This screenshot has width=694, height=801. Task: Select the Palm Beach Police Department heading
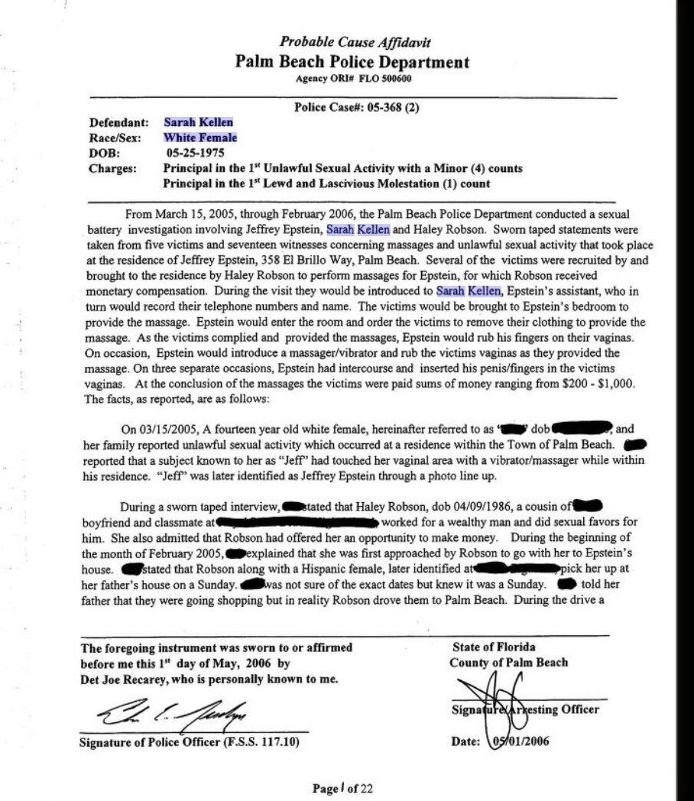352,62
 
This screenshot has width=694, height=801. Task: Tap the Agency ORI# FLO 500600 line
352,78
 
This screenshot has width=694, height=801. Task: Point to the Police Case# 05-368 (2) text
357,107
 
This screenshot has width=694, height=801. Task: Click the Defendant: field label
115,122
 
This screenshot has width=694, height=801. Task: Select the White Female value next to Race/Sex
200,138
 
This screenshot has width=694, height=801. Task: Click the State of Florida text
494,647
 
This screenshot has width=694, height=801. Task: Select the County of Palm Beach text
508,662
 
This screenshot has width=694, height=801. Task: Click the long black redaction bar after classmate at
298,523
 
